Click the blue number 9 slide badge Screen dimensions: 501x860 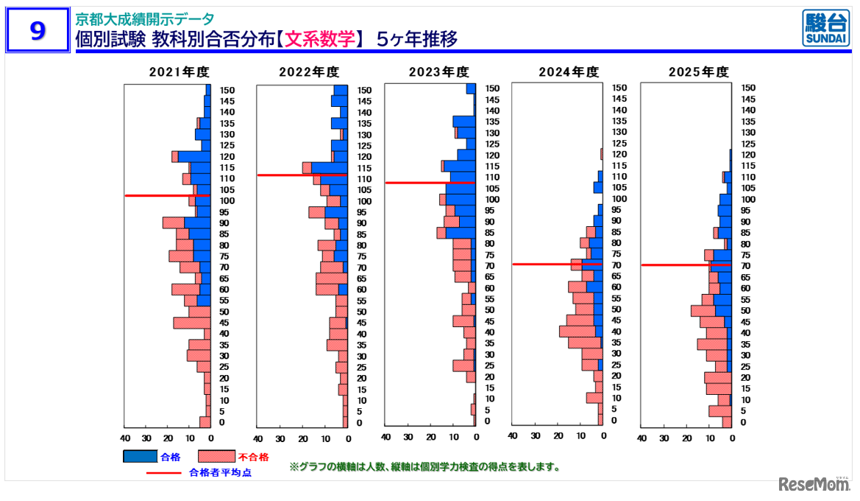click(38, 31)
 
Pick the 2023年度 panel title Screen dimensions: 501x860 click(438, 72)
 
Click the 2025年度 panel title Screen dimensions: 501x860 click(698, 72)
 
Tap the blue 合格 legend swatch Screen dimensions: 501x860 click(140, 457)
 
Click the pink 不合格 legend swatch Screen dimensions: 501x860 click(217, 457)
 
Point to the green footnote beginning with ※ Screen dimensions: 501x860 click(424, 467)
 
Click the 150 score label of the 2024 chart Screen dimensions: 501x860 click(620, 88)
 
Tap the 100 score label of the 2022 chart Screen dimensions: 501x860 click(364, 202)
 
